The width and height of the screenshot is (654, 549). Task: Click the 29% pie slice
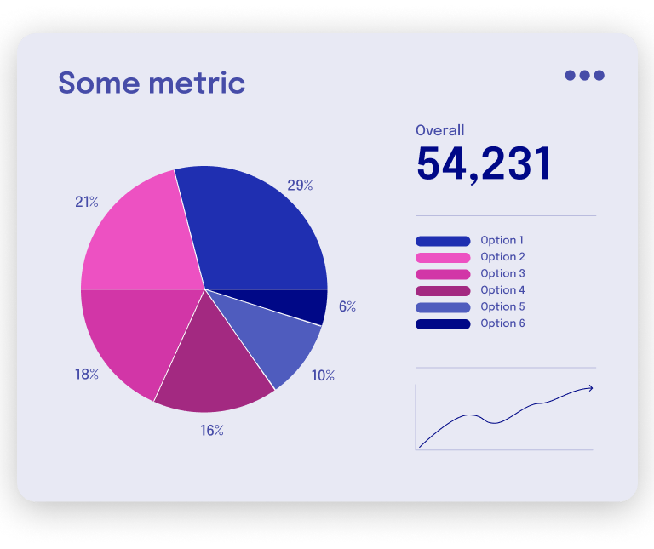[x=255, y=230]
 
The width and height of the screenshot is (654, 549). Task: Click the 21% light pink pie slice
[x=141, y=238]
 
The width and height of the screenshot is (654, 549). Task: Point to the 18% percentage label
[x=87, y=374]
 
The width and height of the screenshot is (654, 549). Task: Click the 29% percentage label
[x=300, y=185]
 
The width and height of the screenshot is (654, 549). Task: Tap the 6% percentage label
[x=347, y=306]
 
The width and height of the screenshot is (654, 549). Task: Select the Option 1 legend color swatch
[x=443, y=241]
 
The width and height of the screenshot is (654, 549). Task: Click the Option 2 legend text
[x=502, y=257]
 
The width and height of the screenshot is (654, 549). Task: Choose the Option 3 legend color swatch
[x=443, y=274]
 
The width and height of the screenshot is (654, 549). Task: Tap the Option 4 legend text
[x=502, y=290]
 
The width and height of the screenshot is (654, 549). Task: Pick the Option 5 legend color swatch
[x=443, y=307]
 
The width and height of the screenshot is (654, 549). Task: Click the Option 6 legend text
[x=502, y=323]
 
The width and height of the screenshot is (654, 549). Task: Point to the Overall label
[x=439, y=130]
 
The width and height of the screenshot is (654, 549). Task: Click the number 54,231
[x=484, y=163]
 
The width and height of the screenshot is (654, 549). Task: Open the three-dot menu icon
[x=584, y=75]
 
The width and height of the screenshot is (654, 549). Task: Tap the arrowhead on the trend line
[x=589, y=388]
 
